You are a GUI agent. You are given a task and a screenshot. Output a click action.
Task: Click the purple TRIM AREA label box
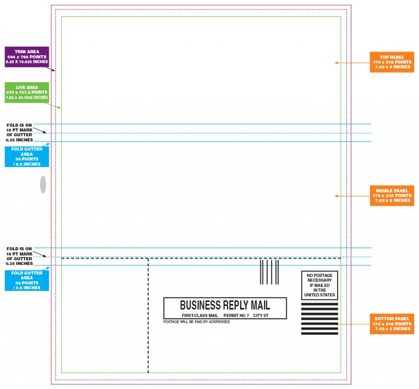click(x=27, y=57)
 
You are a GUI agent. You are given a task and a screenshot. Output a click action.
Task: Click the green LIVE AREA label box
click(x=27, y=92)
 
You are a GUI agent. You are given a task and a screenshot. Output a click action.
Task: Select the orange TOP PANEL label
click(x=392, y=62)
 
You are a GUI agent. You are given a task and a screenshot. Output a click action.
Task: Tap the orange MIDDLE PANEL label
click(x=392, y=196)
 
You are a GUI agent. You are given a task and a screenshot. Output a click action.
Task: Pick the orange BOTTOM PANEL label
click(x=392, y=324)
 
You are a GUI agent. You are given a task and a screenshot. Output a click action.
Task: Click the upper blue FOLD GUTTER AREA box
click(x=27, y=157)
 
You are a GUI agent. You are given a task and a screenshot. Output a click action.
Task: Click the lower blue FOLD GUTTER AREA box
click(x=27, y=280)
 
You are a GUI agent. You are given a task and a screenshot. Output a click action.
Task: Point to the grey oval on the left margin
click(x=43, y=184)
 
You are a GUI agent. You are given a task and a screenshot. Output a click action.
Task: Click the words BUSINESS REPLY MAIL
click(x=225, y=305)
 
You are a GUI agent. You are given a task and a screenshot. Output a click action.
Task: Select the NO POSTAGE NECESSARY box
click(x=320, y=286)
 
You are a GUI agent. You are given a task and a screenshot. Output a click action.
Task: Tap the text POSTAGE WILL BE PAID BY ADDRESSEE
click(x=197, y=322)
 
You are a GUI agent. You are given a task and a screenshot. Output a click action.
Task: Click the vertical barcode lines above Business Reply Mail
click(x=269, y=272)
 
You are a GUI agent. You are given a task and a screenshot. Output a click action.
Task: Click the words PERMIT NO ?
click(x=236, y=315)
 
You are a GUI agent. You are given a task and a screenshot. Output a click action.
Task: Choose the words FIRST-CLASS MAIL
click(x=200, y=315)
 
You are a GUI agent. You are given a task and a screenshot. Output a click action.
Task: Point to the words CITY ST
click(x=261, y=315)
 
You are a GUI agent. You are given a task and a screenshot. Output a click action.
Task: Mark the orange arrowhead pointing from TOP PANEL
click(x=336, y=63)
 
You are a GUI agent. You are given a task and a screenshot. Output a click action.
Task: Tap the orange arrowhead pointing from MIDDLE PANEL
click(x=336, y=196)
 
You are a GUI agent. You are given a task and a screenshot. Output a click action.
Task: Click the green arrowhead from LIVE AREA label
click(x=59, y=108)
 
